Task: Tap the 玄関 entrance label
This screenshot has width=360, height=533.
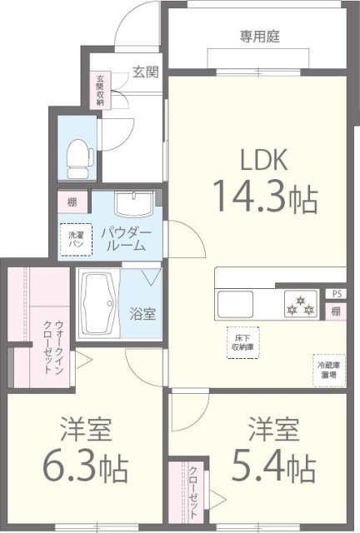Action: [x=145, y=72]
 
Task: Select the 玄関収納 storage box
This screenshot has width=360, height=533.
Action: [x=99, y=90]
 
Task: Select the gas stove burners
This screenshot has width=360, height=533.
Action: [x=299, y=305]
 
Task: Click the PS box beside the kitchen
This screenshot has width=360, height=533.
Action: [x=335, y=293]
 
